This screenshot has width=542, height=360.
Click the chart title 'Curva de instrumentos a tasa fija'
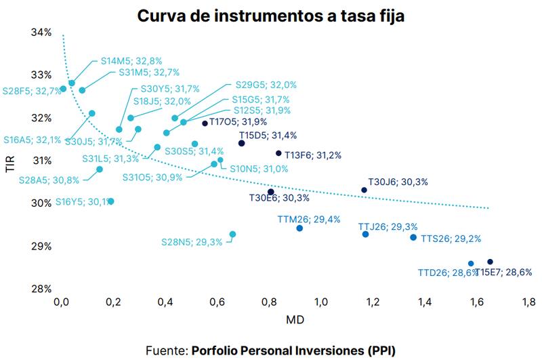pos(270,16)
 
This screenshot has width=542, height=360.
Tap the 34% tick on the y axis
pos(42,33)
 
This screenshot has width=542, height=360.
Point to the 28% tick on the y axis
pos(42,289)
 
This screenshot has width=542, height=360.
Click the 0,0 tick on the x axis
pos(62,302)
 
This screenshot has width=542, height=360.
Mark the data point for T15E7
pos(490,262)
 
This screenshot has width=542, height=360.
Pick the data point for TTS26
pos(413,237)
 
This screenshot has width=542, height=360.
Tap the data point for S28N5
pos(232,235)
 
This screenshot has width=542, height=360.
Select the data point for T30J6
pos(364,190)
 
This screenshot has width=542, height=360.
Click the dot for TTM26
pos(299,228)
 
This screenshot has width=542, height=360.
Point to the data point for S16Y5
pos(111,201)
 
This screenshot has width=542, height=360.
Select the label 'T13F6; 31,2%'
pos(313,155)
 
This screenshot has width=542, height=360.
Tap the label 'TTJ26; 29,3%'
pos(388,226)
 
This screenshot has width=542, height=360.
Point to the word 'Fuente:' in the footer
pos(167,350)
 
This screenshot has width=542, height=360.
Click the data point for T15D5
pos(241,143)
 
